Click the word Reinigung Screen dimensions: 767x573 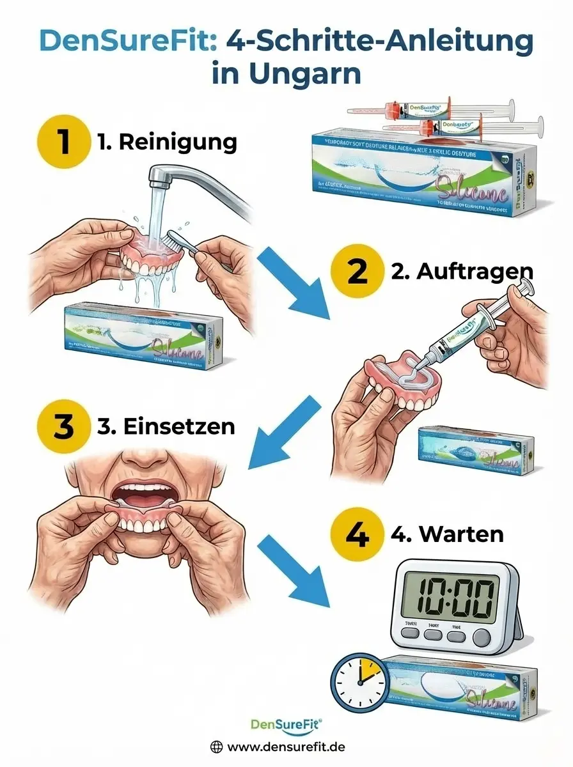177,143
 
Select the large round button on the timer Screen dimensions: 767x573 480,637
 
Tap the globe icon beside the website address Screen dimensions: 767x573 217,746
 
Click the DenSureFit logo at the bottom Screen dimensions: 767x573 286,724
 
